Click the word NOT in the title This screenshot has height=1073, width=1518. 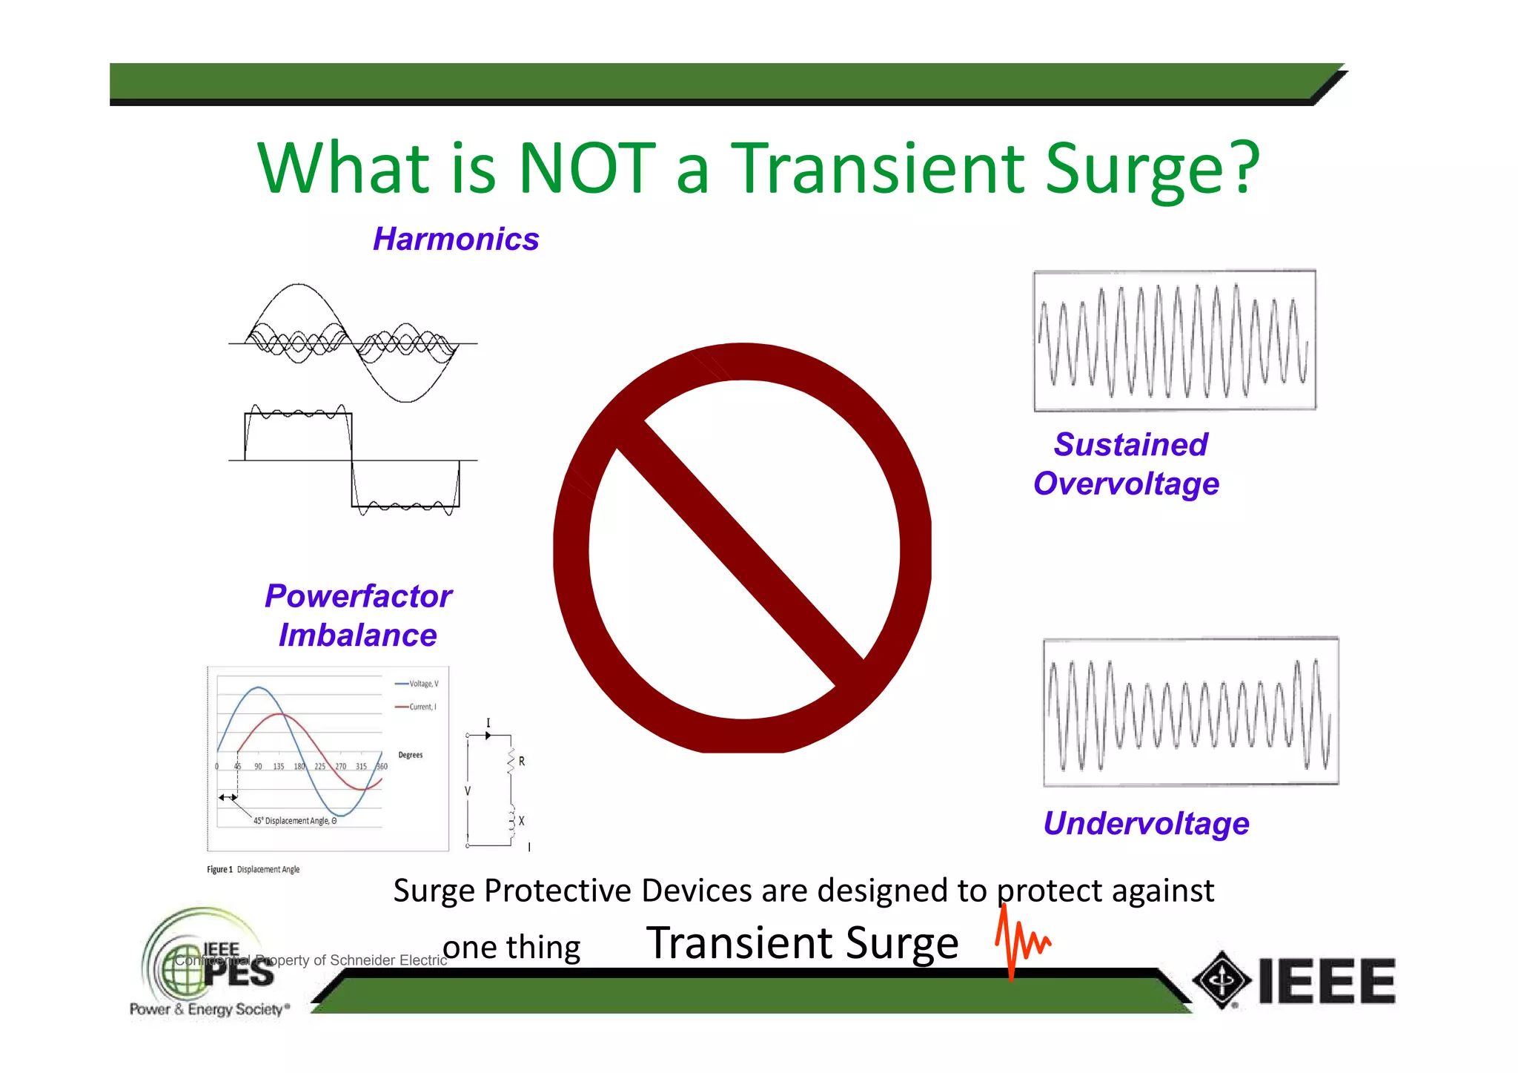(x=587, y=168)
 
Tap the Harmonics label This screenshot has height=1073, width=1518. (x=456, y=240)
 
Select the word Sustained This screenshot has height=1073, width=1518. (x=1131, y=445)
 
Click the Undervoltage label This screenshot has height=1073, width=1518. (x=1146, y=824)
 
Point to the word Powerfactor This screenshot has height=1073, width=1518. (x=358, y=596)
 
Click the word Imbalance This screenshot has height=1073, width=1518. (x=357, y=635)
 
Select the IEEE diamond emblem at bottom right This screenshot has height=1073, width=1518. (x=1222, y=980)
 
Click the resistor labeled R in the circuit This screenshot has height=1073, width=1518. (x=511, y=762)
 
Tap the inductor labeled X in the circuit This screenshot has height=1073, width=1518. (x=511, y=821)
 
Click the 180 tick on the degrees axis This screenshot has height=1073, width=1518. (x=299, y=767)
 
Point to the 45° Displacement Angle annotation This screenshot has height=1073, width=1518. (x=294, y=821)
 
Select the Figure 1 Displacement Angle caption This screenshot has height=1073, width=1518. (x=253, y=869)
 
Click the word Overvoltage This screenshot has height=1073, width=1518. (x=1126, y=484)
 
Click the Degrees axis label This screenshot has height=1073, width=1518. (x=410, y=755)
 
